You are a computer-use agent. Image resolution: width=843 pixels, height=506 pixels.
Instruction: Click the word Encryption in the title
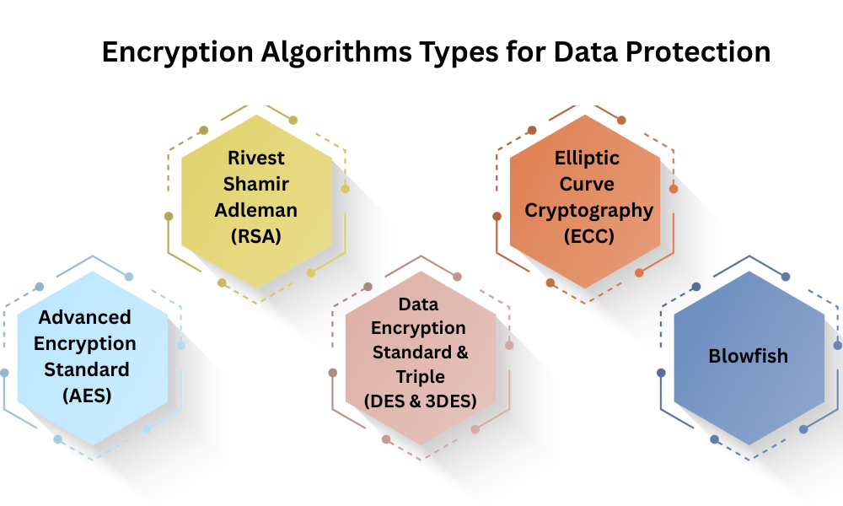[x=175, y=52]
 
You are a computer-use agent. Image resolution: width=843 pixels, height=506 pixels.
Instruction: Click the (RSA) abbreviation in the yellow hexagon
[x=255, y=237]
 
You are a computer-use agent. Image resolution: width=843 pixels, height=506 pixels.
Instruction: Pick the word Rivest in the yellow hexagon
[x=255, y=158]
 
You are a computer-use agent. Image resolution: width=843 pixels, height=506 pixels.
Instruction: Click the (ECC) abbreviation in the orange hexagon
[x=588, y=237]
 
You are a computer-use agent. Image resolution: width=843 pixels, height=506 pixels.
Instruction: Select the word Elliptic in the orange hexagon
[x=588, y=158]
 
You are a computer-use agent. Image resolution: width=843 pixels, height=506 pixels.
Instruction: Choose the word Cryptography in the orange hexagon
[x=588, y=211]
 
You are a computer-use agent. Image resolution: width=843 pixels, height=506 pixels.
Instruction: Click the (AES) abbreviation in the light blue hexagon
[x=87, y=395]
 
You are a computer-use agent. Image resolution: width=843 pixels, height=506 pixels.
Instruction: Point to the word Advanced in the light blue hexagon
[x=85, y=317]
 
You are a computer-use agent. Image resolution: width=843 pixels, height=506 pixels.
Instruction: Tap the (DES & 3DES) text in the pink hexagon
[x=421, y=401]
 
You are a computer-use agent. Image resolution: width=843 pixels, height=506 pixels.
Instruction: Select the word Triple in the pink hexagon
[x=421, y=376]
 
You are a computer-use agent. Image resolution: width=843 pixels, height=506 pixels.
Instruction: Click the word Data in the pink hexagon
[x=419, y=304]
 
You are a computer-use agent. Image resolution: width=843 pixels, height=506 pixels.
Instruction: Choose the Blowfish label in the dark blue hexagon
[x=748, y=356]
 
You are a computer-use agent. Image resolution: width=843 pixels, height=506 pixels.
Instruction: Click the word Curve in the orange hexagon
[x=588, y=184]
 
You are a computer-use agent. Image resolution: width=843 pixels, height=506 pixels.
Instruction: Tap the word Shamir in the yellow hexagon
[x=255, y=184]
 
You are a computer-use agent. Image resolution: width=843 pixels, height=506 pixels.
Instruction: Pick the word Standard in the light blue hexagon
[x=87, y=369]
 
